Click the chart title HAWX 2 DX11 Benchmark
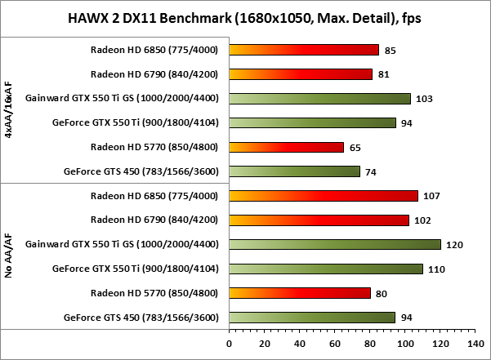pos(245,18)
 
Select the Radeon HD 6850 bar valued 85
pos(304,50)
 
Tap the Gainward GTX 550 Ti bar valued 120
pos(335,244)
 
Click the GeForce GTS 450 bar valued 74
pos(295,171)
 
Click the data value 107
pos(431,196)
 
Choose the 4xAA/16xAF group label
pos(9,110)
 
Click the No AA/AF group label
pos(9,256)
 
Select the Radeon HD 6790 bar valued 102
pos(319,220)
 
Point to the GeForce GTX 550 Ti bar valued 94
pos(312,122)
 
